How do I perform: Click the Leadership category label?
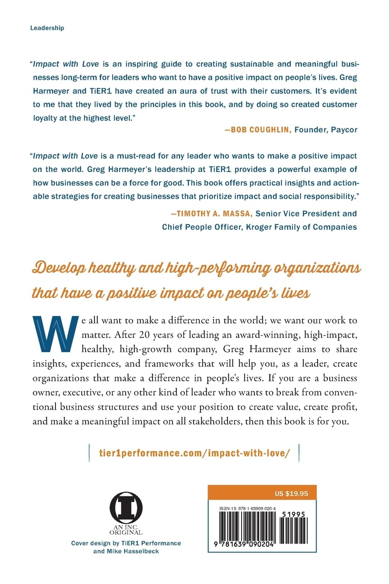point(47,28)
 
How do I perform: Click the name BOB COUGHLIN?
point(260,130)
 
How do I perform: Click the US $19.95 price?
point(291,493)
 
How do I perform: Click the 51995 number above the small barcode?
point(294,514)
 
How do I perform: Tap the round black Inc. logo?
point(126,508)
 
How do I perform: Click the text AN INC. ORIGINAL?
point(126,529)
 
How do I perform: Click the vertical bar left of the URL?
point(89,453)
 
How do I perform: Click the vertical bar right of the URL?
point(298,453)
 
